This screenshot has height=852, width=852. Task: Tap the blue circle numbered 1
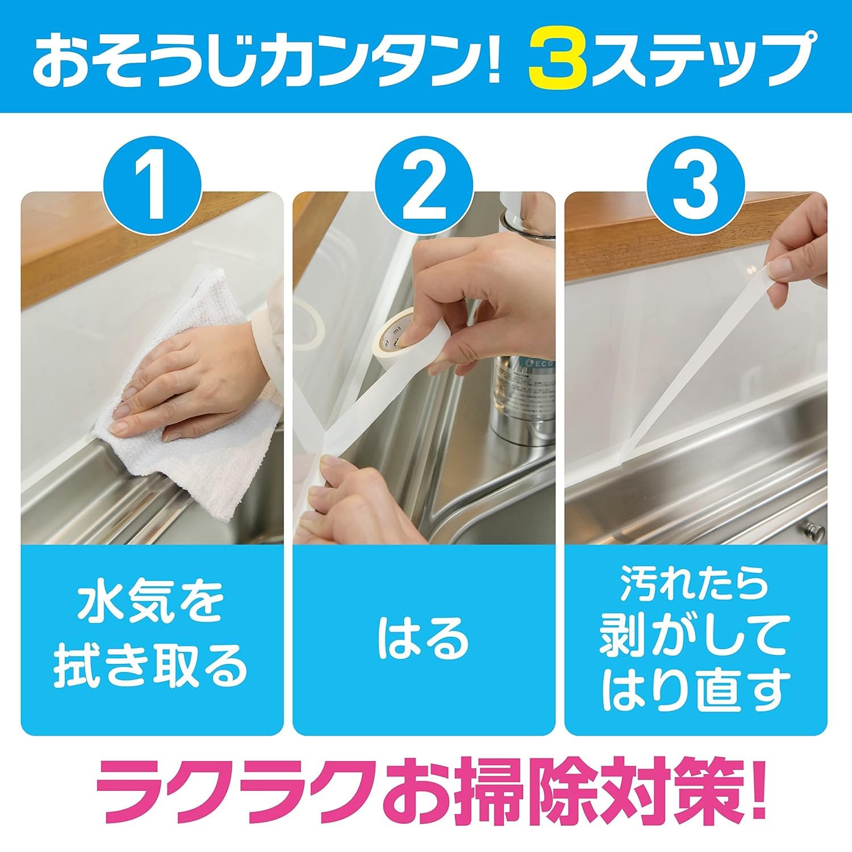point(152,186)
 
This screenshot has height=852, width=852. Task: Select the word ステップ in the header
point(707,56)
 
